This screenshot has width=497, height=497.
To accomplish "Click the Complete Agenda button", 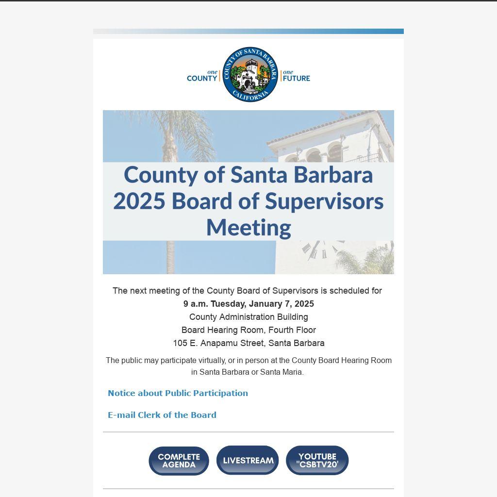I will tap(179, 461).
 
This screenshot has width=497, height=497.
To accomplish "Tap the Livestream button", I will tap(248, 460).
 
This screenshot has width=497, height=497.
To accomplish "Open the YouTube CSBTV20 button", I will tap(317, 460).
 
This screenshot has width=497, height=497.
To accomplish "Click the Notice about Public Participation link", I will tap(178, 393).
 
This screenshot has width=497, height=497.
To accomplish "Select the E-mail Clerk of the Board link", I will tap(162, 415).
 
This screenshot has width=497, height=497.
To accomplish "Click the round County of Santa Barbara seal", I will tap(250, 74).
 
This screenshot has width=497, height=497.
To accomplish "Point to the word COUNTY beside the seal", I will tap(202, 78).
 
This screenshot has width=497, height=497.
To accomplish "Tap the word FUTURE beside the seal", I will tap(296, 78).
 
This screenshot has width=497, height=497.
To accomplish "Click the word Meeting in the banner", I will tap(248, 227).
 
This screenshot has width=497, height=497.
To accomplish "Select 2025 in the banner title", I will tap(139, 201).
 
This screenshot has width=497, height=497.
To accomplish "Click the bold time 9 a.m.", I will tap(195, 304).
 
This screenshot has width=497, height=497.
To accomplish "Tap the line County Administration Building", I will tap(248, 317).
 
